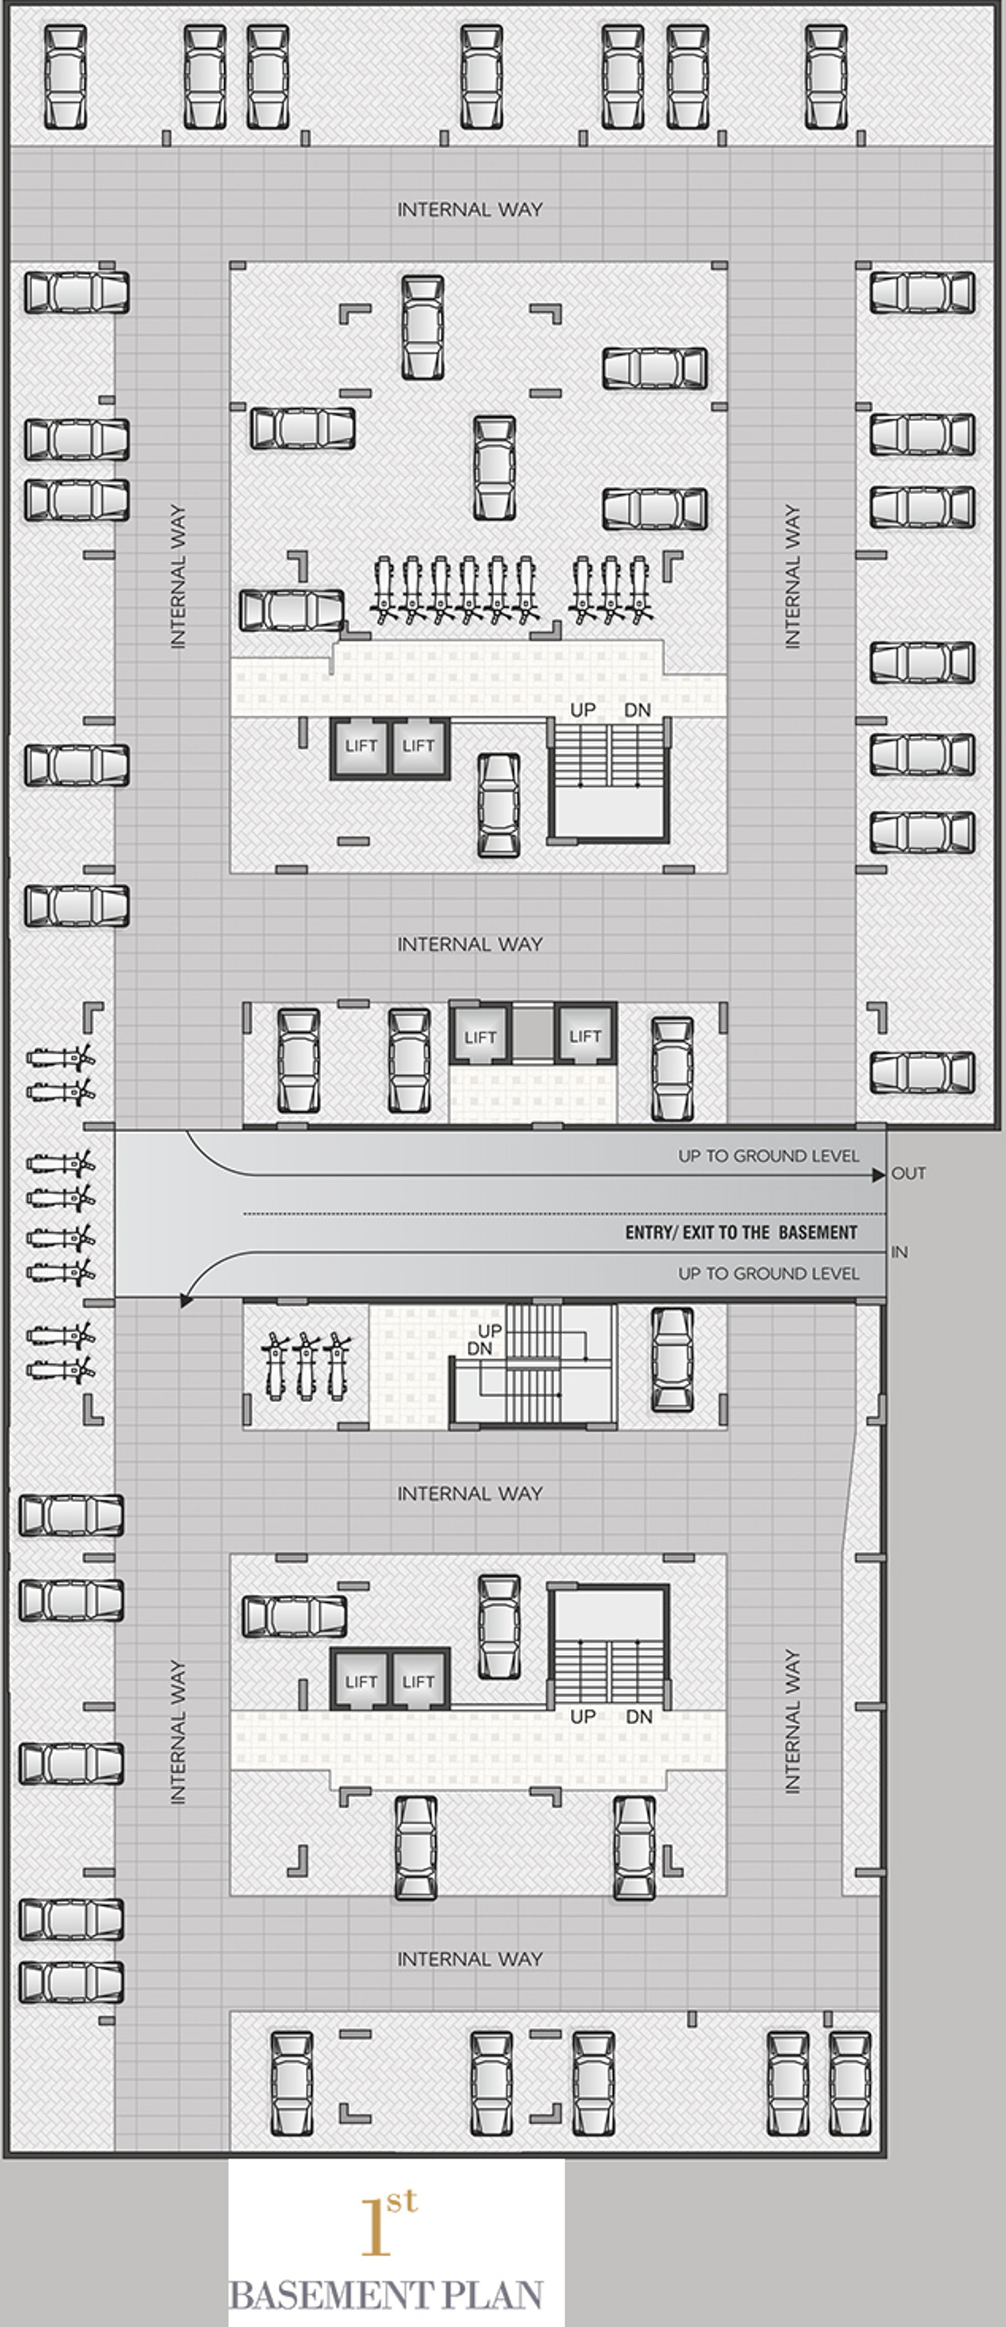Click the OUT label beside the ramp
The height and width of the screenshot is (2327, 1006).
pos(909,1173)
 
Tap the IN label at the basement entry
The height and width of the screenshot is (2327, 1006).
pos(900,1252)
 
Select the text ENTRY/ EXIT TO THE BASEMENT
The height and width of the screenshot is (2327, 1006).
pos(741,1232)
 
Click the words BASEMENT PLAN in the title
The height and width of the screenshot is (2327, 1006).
pos(386,2295)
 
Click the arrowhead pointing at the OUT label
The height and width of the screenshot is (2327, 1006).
pos(879,1176)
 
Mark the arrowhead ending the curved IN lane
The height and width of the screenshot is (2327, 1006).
pos(186,1301)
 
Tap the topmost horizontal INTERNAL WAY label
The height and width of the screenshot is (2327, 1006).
pos(469,210)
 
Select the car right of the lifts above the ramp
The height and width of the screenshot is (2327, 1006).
pos(673,1068)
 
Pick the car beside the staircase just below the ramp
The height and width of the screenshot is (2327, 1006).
pos(673,1359)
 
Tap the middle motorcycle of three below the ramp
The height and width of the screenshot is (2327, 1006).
pos(307,1366)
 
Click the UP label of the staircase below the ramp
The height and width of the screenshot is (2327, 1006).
pos(490,1331)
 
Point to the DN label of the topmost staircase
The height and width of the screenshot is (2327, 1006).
pos(638,710)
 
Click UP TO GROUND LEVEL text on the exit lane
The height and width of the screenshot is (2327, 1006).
pos(769,1156)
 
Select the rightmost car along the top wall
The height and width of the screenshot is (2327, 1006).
pos(826,77)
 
